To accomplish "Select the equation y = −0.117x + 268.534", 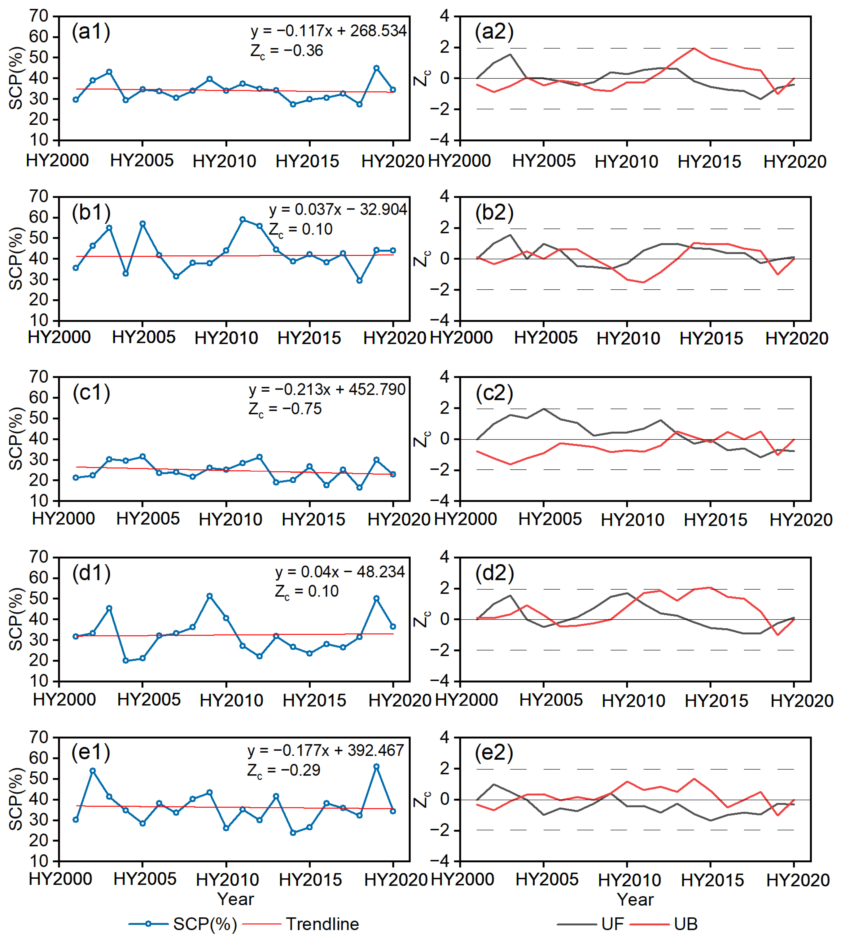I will point(329,31).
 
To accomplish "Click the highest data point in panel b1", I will point(243,220).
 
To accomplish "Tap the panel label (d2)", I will point(494,573).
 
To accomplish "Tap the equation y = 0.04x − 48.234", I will point(339,572).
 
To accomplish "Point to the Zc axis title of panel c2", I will point(422,439).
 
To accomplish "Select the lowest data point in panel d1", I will point(126,661).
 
